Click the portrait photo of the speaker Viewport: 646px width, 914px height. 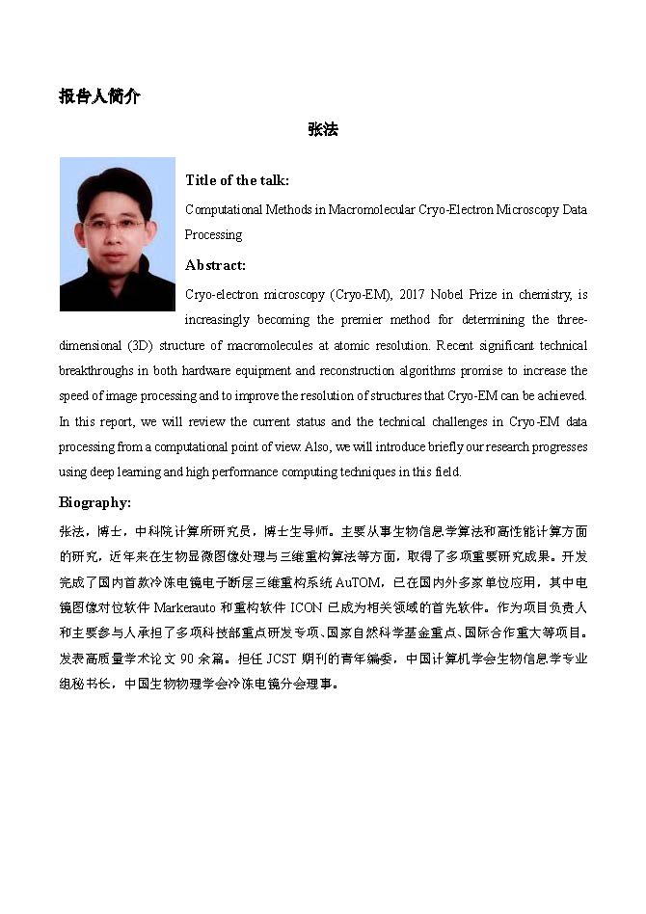point(118,234)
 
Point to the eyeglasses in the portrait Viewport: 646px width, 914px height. point(113,224)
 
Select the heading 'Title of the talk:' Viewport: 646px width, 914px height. point(236,180)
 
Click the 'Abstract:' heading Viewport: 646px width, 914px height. point(215,265)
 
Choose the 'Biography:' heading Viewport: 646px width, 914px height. point(94,502)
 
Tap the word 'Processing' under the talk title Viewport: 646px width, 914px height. point(213,234)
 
